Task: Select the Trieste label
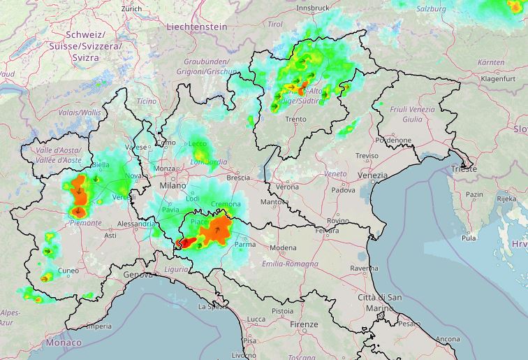[464, 169]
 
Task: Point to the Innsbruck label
[313, 8]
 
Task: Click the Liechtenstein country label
[197, 26]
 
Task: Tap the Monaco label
[64, 343]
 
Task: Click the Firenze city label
[305, 325]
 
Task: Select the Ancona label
[448, 339]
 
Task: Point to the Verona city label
[287, 187]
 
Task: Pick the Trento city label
[295, 120]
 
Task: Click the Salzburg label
[431, 9]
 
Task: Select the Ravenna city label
[364, 268]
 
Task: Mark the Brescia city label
[238, 178]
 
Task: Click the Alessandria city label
[135, 224]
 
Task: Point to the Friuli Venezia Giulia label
[412, 114]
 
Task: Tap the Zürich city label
[131, 8]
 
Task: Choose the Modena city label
[283, 248]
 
